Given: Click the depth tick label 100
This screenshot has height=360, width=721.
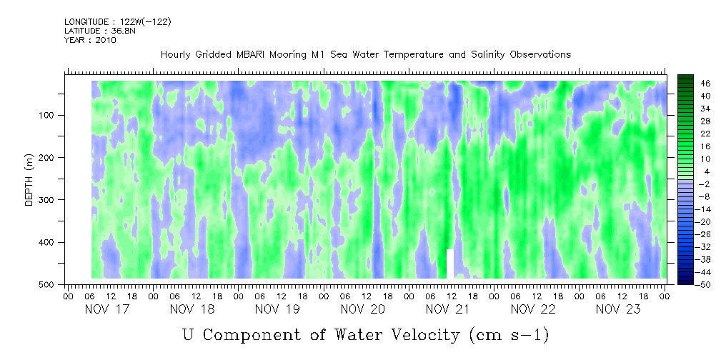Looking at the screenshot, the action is pyautogui.click(x=49, y=115).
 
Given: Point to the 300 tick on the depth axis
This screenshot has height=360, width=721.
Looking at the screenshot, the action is pyautogui.click(x=49, y=200).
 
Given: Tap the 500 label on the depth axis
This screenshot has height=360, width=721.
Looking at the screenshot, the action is pyautogui.click(x=49, y=284).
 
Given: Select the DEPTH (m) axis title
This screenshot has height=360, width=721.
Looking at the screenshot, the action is pyautogui.click(x=29, y=179).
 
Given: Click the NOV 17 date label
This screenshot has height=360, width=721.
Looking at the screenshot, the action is pyautogui.click(x=107, y=309).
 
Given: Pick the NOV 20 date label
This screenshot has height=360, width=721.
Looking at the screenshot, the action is pyautogui.click(x=363, y=309).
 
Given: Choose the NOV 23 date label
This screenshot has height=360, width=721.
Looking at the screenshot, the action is pyautogui.click(x=618, y=309).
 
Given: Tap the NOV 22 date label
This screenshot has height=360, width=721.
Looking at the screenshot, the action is pyautogui.click(x=533, y=309).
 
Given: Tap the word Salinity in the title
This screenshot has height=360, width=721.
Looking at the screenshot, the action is pyautogui.click(x=485, y=55).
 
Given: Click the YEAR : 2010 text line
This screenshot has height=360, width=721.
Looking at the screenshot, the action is pyautogui.click(x=90, y=40).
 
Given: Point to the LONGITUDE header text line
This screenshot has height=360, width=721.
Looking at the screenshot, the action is pyautogui.click(x=118, y=21).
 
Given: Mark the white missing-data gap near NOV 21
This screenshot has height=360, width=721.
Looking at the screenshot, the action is pyautogui.click(x=450, y=264).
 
